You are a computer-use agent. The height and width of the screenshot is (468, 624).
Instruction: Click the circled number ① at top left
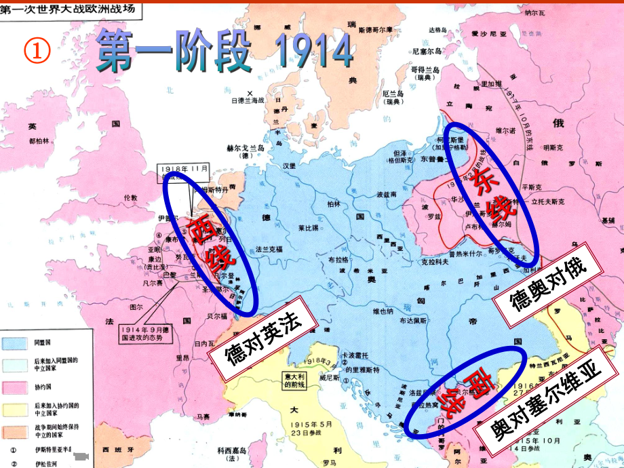click(37, 50)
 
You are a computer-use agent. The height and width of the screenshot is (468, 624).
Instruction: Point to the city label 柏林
click(333, 203)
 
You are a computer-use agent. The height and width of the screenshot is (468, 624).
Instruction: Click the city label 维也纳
click(383, 312)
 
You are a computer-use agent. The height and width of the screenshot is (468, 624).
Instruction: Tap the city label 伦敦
click(130, 197)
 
